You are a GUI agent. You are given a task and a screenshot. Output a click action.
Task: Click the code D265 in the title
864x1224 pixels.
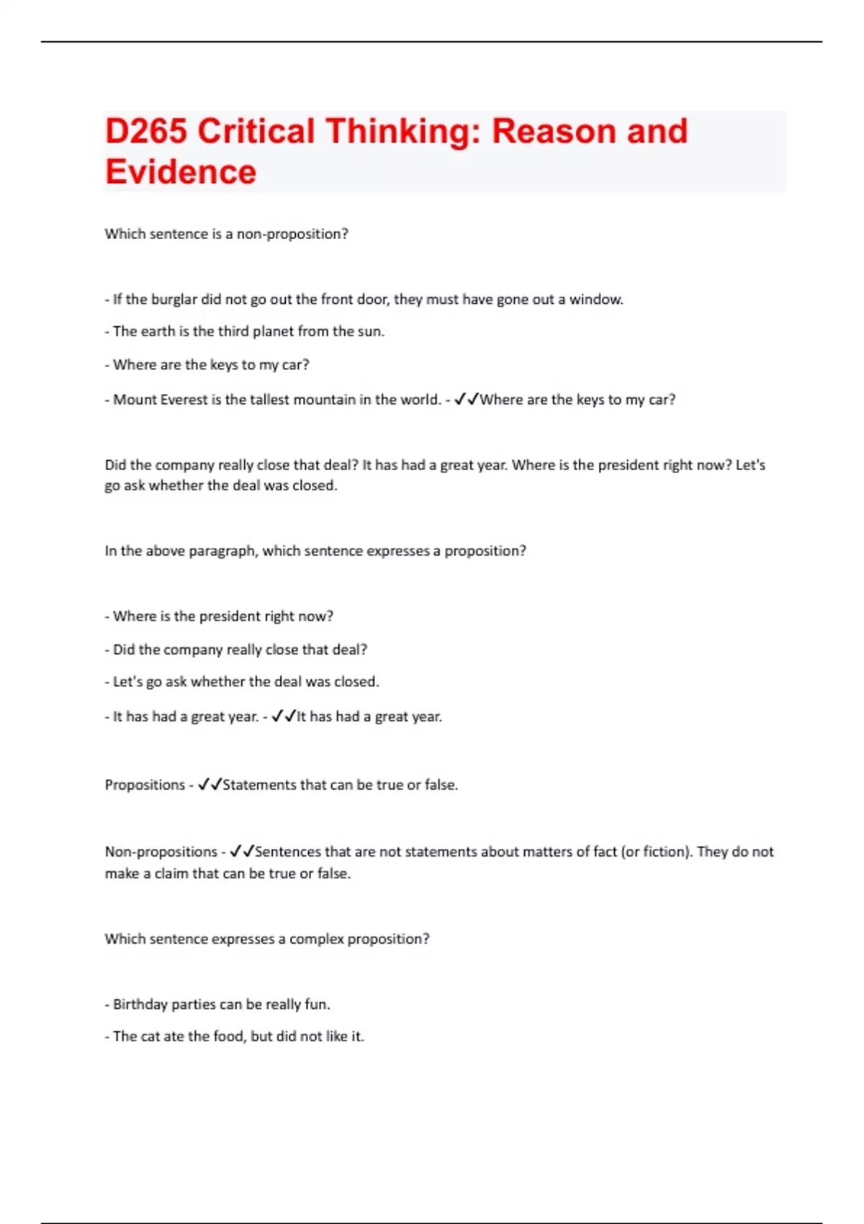[x=146, y=132]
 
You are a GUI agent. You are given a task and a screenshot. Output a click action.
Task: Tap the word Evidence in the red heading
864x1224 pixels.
[x=181, y=172]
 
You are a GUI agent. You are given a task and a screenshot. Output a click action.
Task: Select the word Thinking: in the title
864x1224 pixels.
[x=403, y=132]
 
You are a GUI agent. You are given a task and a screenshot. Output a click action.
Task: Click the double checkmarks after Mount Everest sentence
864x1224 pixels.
[x=467, y=400]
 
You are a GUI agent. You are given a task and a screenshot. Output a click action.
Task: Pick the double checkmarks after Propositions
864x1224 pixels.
[x=210, y=785]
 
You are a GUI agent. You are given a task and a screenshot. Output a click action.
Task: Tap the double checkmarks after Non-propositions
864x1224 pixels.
[x=242, y=852]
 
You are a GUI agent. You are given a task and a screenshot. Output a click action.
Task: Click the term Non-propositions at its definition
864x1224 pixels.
[x=161, y=852]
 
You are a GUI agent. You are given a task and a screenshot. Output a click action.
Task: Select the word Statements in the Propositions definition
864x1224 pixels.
[x=259, y=785]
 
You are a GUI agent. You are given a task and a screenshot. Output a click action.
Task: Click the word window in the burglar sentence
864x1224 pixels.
[x=595, y=300]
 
